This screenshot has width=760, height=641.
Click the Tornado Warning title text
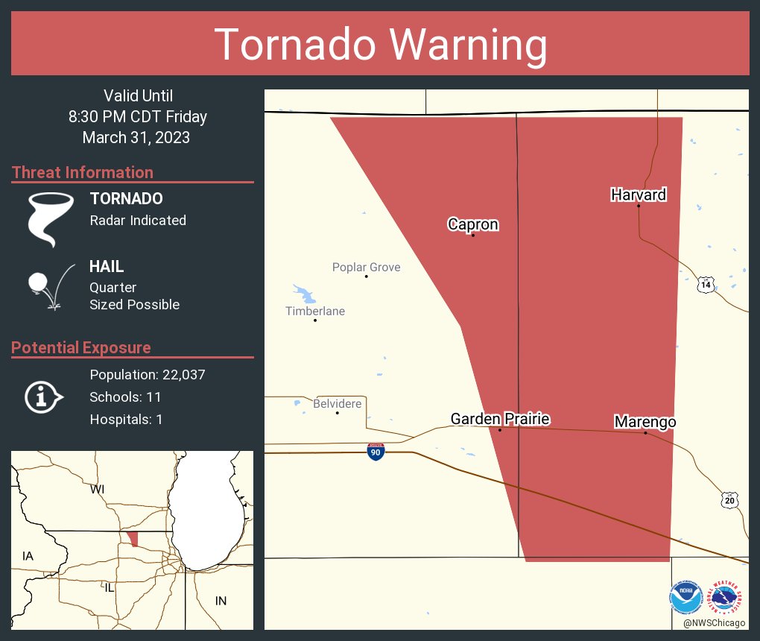point(380,45)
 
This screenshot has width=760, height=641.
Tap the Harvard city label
point(639,195)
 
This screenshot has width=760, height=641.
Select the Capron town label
point(473,224)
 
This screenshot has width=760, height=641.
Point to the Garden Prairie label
point(500,420)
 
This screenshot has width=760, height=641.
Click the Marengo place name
point(645,423)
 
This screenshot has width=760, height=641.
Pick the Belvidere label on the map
point(338,404)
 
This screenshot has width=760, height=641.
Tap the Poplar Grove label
point(366,267)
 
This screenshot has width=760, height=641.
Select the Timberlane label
point(315,311)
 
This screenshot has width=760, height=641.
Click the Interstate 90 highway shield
point(376,451)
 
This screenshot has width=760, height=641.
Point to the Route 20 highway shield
point(729,500)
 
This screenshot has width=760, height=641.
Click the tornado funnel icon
point(50,218)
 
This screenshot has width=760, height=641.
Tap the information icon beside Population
point(43,397)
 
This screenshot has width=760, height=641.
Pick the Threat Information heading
point(83,172)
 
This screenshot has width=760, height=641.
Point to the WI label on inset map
point(97,490)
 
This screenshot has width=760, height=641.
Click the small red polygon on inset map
point(133,538)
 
